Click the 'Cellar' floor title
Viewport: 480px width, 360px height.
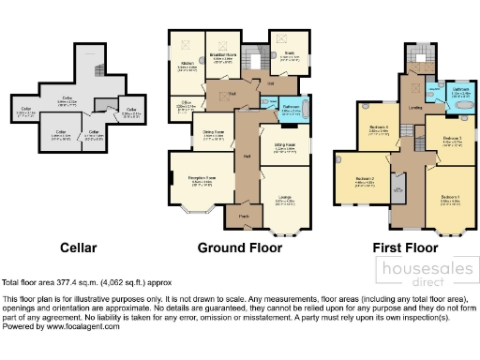click(x=78, y=247)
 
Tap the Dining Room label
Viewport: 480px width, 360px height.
click(x=212, y=132)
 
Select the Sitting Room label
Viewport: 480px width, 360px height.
click(x=285, y=146)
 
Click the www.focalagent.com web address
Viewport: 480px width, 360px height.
click(x=65, y=326)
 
